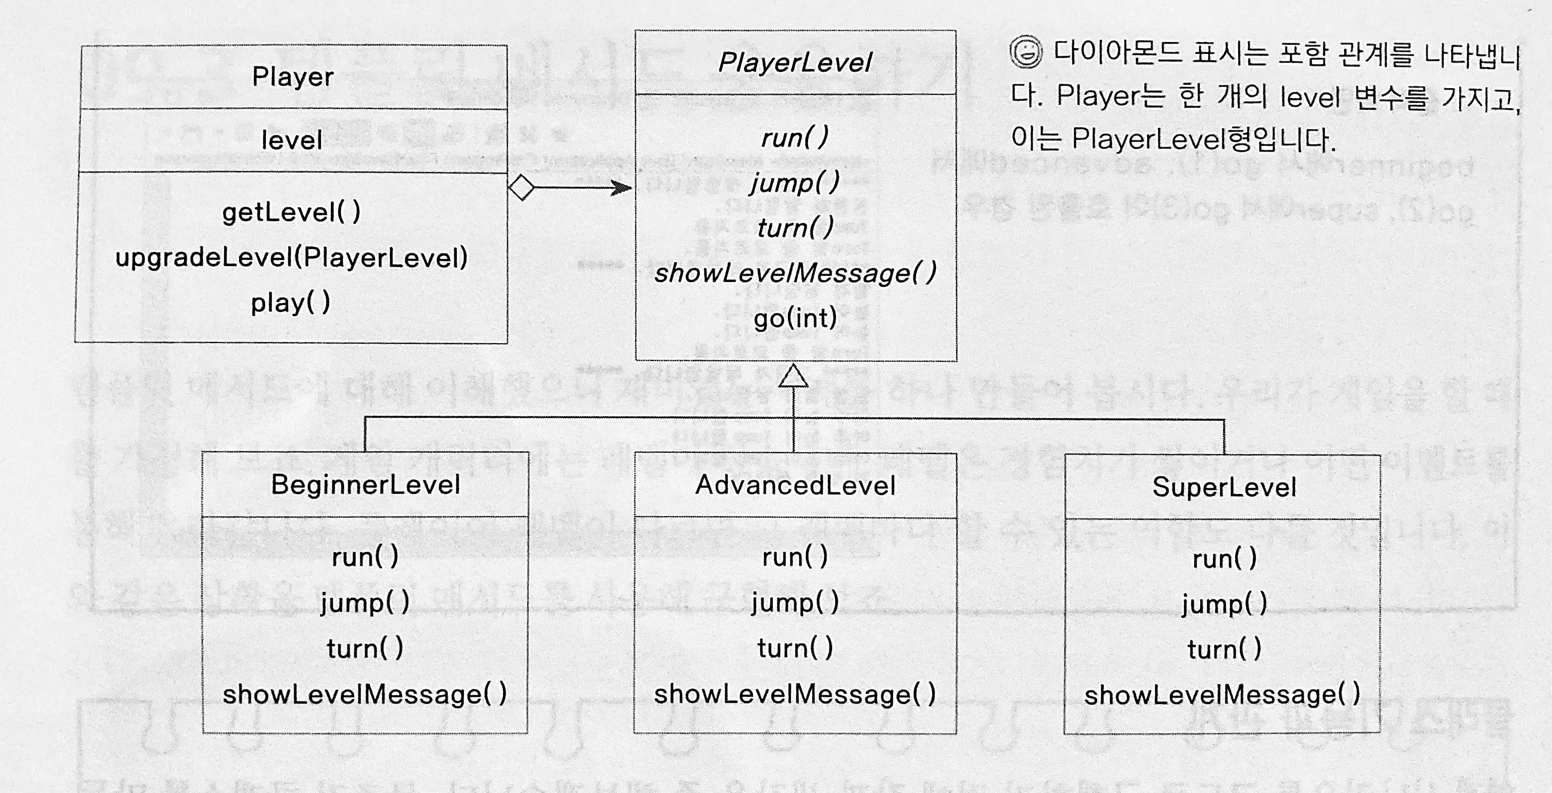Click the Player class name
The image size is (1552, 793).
coord(293,77)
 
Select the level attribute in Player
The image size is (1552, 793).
coord(292,140)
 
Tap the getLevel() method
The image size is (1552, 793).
coord(292,212)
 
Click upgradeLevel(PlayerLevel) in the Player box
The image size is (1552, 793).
coord(292,257)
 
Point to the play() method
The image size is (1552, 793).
coord(291,302)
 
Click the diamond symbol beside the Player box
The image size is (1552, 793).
coord(522,187)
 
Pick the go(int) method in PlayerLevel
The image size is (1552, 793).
coord(795,317)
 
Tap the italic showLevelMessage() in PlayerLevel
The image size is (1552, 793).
coord(795,273)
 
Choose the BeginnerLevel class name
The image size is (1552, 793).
coord(366,485)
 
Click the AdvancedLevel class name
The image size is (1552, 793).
coord(795,485)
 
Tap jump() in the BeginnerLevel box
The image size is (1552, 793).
coord(365,602)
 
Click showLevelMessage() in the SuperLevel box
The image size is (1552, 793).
coord(1222,694)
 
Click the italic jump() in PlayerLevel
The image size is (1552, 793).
coord(795,182)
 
